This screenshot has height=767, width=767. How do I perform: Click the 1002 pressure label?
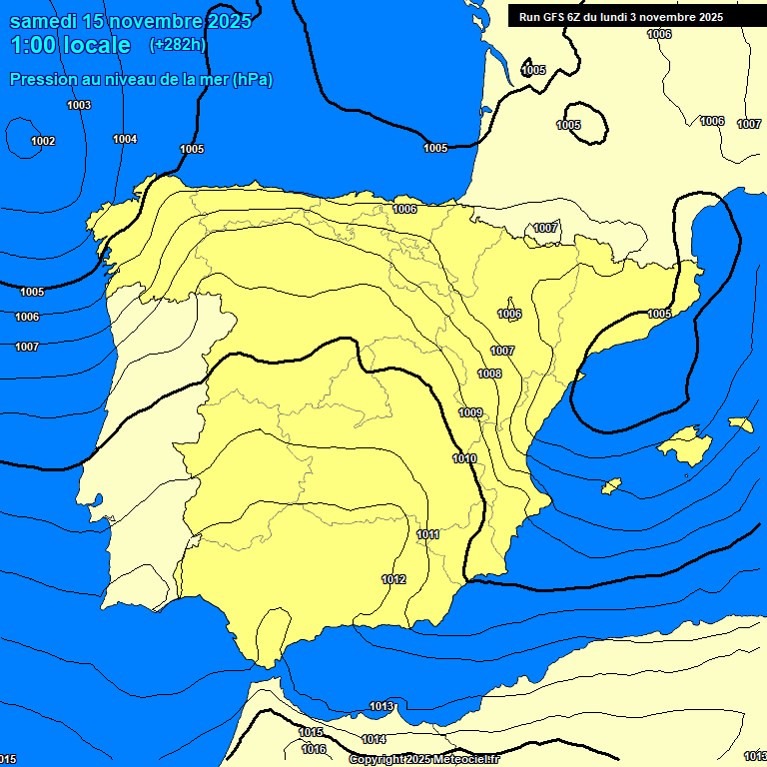click(43, 141)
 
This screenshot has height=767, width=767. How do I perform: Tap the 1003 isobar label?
click(79, 105)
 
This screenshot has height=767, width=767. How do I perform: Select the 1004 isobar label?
click(125, 139)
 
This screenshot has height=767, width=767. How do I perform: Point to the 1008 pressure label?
click(489, 374)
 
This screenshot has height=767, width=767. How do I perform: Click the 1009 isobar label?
click(470, 412)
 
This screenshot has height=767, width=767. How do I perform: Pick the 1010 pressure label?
click(464, 458)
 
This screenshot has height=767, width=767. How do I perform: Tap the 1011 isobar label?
click(428, 534)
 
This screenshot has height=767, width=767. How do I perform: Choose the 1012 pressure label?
click(393, 579)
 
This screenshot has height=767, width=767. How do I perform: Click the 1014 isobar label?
click(374, 739)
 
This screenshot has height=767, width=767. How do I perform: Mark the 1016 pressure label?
click(314, 749)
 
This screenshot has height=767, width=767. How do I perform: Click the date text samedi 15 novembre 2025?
click(130, 21)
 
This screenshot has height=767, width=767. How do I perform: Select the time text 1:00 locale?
click(70, 45)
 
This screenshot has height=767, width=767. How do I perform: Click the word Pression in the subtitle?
click(40, 80)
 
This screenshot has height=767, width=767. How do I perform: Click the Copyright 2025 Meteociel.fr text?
click(423, 760)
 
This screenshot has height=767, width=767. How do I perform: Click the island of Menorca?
click(740, 424)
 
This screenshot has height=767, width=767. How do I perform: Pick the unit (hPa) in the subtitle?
click(253, 80)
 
